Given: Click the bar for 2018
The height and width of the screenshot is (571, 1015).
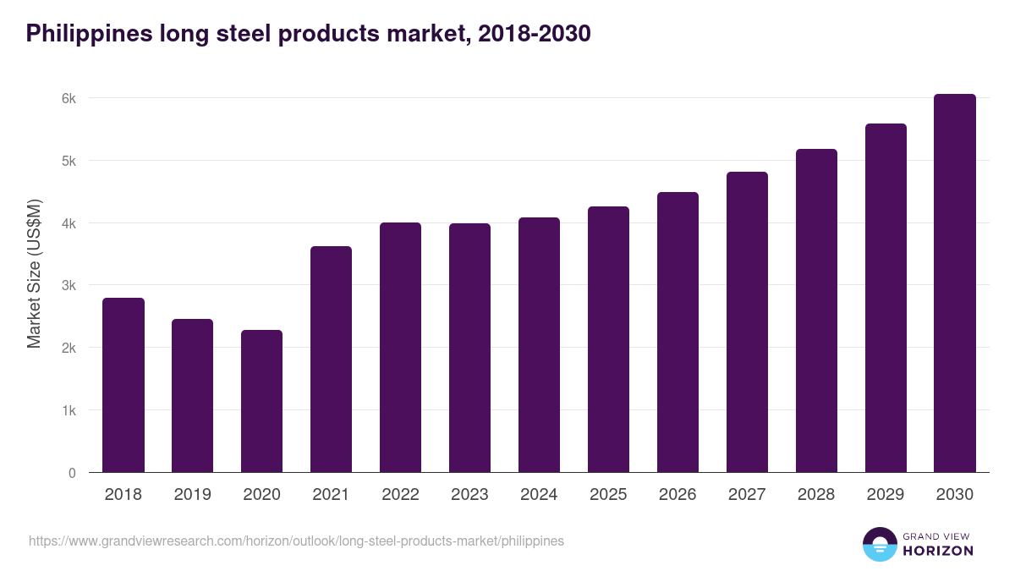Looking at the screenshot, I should tap(123, 386).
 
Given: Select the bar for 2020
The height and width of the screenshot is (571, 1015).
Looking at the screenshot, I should tap(261, 402).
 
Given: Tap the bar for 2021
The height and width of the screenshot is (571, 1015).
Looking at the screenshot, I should tap(331, 360).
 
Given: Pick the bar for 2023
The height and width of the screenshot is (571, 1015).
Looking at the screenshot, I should tap(469, 348).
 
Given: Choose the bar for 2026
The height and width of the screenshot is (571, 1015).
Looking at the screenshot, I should tap(678, 332).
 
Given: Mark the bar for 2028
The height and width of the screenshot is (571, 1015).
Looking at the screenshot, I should tap(816, 310).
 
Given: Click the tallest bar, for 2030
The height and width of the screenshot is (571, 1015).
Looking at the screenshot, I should tap(955, 283).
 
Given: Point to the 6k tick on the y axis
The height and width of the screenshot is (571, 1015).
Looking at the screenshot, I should tap(69, 98).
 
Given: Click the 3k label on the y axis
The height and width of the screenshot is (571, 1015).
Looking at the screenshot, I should tap(69, 286).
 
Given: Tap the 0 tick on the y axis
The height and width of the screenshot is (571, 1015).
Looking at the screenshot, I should tap(72, 473).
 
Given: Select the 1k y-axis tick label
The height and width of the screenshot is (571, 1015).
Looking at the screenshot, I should tap(69, 410).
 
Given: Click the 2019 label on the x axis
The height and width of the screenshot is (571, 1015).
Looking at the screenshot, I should tap(193, 495).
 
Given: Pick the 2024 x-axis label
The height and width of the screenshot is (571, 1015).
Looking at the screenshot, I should tap(539, 495).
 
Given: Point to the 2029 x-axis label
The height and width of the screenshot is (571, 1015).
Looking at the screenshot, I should tap(886, 495).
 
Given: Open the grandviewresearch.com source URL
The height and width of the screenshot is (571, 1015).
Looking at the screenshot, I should tap(296, 541).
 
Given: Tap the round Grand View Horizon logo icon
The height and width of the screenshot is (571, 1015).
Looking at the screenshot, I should tap(879, 544).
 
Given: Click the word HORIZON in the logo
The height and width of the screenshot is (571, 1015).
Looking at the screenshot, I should tap(938, 551).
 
